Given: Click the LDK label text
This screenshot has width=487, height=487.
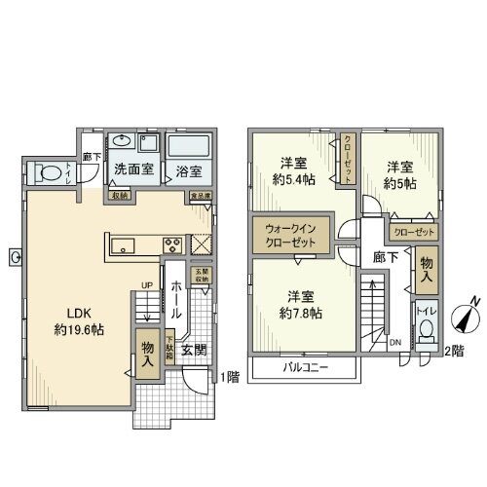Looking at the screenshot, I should [78, 312].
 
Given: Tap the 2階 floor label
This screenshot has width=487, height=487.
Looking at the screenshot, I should [455, 350].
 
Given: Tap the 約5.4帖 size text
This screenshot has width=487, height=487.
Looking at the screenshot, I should [294, 179].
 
